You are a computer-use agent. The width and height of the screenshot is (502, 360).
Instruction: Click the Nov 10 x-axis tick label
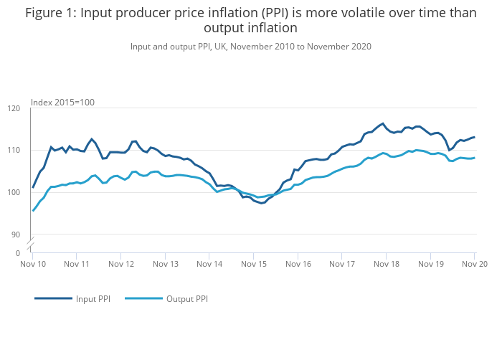[33, 264]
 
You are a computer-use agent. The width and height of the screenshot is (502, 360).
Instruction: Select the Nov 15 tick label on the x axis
[254, 264]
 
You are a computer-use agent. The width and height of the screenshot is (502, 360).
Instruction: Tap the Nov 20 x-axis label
[474, 264]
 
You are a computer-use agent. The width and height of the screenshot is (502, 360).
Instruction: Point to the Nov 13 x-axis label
[166, 264]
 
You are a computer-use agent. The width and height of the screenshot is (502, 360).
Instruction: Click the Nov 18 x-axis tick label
[386, 264]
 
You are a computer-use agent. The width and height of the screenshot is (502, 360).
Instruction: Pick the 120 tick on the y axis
[14, 108]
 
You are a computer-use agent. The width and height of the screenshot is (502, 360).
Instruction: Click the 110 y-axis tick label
[14, 151]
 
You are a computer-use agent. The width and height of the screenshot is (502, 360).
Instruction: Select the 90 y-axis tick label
[16, 235]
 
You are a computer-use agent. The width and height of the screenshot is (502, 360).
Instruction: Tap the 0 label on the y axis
[19, 253]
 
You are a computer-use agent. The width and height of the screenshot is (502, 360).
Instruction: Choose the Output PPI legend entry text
[186, 298]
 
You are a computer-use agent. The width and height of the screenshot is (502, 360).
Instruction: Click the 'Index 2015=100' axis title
[62, 103]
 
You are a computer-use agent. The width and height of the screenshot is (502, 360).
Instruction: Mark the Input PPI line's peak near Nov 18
[383, 123]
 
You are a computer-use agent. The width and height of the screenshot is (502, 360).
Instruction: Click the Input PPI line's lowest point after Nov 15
[262, 203]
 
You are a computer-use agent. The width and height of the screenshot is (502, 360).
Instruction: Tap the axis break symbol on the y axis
[32, 244]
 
